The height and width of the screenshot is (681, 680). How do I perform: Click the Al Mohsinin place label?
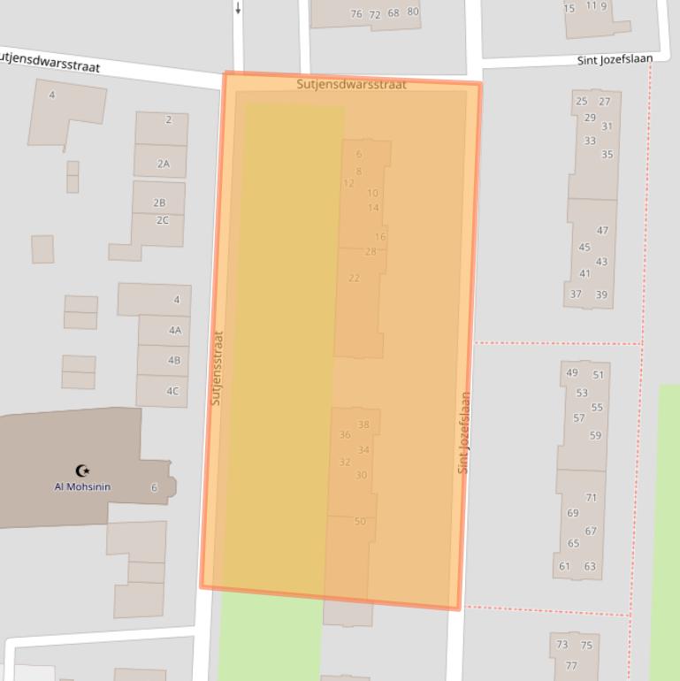coord(82,487)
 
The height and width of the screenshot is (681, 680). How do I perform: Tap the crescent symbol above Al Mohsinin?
coord(83,471)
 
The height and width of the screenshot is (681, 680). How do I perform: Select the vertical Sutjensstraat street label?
coord(217,368)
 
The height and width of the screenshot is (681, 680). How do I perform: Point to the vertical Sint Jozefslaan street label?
coord(464,432)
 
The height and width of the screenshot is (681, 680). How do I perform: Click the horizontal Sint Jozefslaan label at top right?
coord(615,59)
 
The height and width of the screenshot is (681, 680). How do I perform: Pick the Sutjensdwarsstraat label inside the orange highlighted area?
coord(351,85)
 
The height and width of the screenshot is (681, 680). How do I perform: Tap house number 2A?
coord(163,164)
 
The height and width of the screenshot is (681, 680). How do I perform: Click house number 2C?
coord(162,220)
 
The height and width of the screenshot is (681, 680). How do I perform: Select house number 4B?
coord(174,361)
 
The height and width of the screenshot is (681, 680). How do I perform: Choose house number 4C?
coord(172,391)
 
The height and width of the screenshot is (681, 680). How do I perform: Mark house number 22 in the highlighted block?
coord(354,278)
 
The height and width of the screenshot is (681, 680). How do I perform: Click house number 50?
coord(360,522)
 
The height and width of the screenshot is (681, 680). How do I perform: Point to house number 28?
coord(371,252)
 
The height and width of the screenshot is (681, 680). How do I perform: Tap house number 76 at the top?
coord(356,14)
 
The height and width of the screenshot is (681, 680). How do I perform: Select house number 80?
coord(413,12)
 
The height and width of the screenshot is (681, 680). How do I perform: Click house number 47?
coord(602,231)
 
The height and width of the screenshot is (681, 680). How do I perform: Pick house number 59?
coord(595,435)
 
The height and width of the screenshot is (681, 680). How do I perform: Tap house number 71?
coord(591,498)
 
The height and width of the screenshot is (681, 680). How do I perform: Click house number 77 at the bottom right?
coord(571,666)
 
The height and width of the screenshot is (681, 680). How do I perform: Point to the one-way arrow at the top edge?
coord(238,8)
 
